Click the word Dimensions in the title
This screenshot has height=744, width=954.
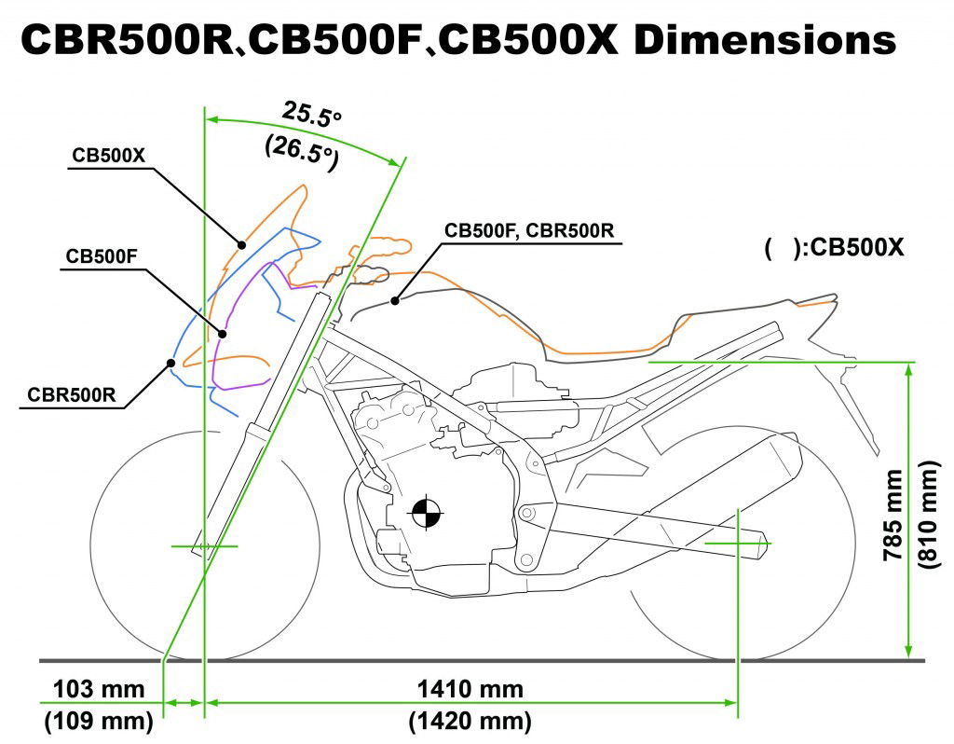point(770,42)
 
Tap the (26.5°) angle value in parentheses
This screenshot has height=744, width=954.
point(302,149)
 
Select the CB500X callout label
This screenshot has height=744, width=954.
point(108,156)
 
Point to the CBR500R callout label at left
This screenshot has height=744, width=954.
point(71,394)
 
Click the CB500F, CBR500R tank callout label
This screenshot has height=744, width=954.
point(529,230)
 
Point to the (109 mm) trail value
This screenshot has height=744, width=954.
point(97,721)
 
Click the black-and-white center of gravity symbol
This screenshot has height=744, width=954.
point(427,512)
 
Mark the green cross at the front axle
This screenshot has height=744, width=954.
point(204,545)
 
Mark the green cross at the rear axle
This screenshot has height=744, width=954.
point(737,541)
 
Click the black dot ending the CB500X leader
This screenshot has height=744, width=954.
point(242,245)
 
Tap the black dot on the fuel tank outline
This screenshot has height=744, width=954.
point(396,300)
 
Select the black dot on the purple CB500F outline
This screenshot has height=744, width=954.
point(224,333)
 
